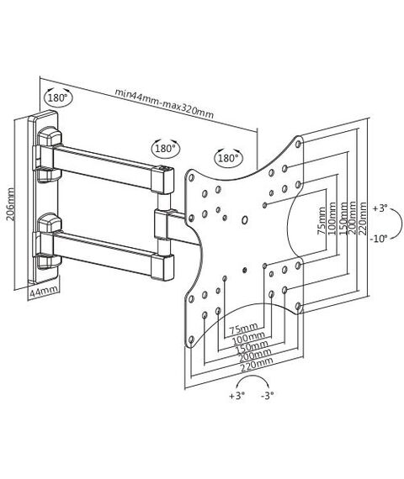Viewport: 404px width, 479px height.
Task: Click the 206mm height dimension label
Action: click(x=10, y=204)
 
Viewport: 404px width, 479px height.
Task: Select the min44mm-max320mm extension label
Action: click(x=164, y=103)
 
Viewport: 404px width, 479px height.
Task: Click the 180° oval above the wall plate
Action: click(x=58, y=97)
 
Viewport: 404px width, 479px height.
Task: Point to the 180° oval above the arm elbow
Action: click(x=166, y=149)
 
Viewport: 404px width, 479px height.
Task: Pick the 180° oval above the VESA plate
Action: click(x=228, y=158)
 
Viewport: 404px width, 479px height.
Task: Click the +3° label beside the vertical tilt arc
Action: click(x=380, y=208)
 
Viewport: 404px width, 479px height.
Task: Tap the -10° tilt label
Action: click(x=379, y=239)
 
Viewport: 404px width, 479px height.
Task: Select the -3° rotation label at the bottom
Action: click(x=268, y=396)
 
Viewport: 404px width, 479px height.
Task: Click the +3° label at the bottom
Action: click(x=237, y=396)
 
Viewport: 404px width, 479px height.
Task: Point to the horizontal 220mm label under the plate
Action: click(x=257, y=365)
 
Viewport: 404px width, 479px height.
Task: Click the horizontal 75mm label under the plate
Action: click(x=243, y=329)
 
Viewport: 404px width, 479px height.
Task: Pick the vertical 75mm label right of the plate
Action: click(x=322, y=220)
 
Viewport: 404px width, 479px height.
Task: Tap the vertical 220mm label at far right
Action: click(x=364, y=218)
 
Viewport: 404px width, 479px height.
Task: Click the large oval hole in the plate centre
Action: click(x=245, y=220)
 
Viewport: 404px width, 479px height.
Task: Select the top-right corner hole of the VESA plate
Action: click(x=299, y=144)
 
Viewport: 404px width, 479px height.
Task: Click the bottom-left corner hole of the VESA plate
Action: click(x=191, y=340)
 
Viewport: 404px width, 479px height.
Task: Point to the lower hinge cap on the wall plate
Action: click(x=49, y=223)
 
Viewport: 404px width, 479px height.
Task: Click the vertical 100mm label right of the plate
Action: click(x=332, y=218)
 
